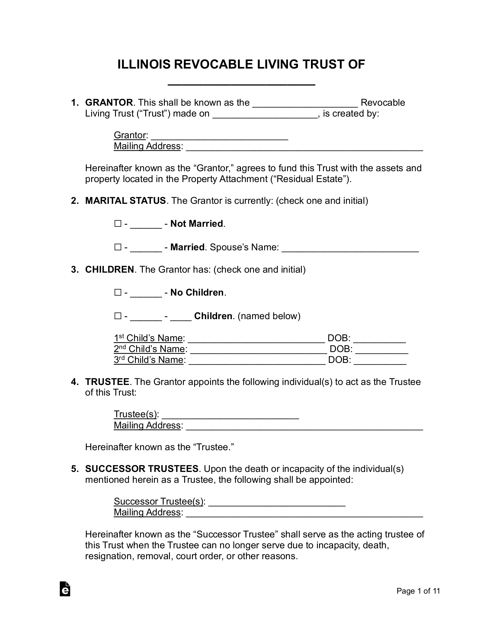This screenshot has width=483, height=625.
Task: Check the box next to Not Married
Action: click(117, 224)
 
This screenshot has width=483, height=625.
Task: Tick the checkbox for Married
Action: click(117, 247)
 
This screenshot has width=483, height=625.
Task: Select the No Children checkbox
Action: click(117, 293)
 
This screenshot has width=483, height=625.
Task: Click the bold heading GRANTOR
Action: click(109, 103)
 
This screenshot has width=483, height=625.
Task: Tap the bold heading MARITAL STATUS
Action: click(125, 201)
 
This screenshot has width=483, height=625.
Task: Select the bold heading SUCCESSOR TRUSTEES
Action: click(142, 469)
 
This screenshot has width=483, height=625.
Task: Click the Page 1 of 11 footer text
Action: click(418, 599)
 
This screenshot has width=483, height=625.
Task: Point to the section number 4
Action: click(74, 382)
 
